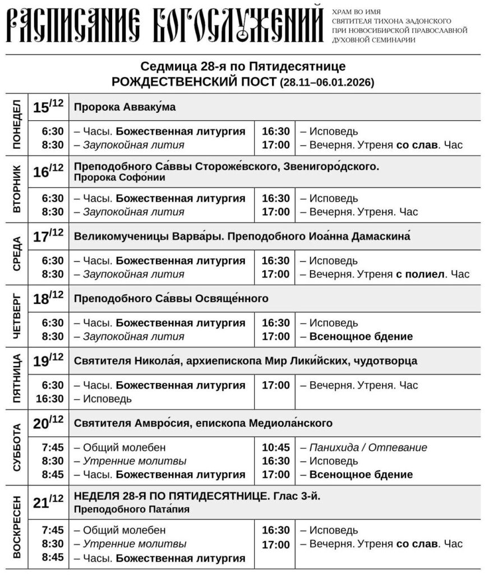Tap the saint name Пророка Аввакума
pyautogui.click(x=125, y=107)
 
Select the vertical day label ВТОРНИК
pyautogui.click(x=16, y=189)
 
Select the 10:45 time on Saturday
pyautogui.click(x=276, y=448)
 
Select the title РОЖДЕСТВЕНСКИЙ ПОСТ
pyautogui.click(x=193, y=82)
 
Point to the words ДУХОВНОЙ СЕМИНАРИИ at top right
pyautogui.click(x=373, y=40)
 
